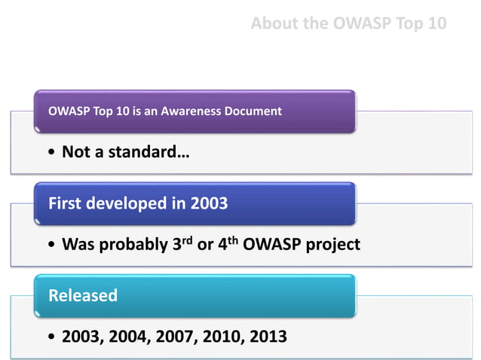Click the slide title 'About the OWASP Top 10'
point(348,23)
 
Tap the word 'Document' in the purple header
point(253,111)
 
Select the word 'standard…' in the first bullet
point(150,153)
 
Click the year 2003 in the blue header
point(208,203)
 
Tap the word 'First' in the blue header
point(66,203)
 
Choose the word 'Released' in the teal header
point(83,295)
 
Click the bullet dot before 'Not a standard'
point(51,154)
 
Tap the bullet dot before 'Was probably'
point(51,246)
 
